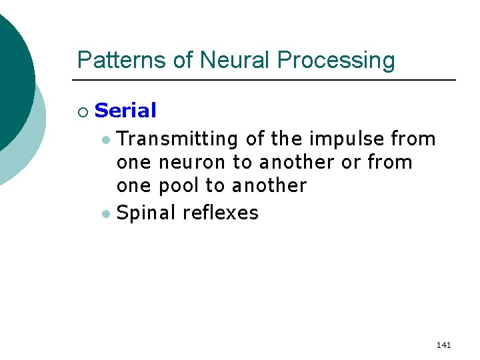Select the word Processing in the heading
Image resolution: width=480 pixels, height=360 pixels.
click(336, 61)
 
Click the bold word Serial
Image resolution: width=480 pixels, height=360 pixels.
click(125, 111)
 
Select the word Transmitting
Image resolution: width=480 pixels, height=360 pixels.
click(177, 139)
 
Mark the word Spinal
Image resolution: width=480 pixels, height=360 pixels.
click(145, 213)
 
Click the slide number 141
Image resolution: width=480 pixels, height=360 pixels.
click(443, 345)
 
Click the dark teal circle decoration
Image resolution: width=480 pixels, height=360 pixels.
click(13, 73)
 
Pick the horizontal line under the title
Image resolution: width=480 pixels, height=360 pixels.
click(267, 80)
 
